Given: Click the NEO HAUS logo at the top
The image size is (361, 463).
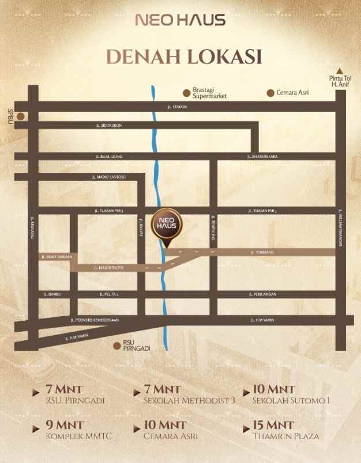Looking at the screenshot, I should tap(180, 21).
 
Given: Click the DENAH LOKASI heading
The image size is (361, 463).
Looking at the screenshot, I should tap(180, 57).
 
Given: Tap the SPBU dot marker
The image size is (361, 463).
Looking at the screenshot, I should tap(21, 116).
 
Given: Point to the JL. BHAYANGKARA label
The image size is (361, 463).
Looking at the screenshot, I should tap(263, 156).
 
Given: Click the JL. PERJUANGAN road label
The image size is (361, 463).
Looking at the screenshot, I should tap(264, 294).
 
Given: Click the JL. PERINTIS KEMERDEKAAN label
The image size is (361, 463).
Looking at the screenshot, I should tap(94, 320).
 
